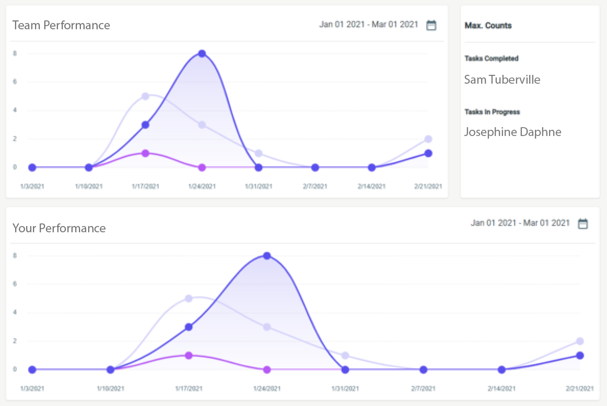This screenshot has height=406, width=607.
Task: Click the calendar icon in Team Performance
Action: [x=431, y=25]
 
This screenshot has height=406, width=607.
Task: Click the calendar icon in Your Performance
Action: [x=582, y=224]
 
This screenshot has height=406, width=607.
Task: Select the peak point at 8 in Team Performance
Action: [x=202, y=53]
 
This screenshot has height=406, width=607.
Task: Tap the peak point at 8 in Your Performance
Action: [x=267, y=256]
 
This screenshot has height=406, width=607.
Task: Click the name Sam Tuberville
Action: [x=502, y=80]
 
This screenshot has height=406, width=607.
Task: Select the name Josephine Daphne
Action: [x=512, y=132]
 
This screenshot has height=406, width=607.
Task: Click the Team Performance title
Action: [x=61, y=25]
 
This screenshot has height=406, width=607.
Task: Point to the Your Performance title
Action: [x=59, y=228]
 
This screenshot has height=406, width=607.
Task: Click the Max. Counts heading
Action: [x=488, y=26]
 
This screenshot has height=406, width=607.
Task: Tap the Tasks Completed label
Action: [x=491, y=59]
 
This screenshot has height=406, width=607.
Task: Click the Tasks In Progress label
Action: [x=492, y=112]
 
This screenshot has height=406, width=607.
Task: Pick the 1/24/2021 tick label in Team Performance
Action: [x=202, y=186]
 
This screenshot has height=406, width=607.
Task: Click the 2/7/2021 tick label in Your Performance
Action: [x=423, y=388]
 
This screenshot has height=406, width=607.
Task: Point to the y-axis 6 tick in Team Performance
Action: [x=15, y=82]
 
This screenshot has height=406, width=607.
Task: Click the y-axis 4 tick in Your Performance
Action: [x=15, y=313]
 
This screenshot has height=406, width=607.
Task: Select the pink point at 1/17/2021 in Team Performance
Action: [x=145, y=153]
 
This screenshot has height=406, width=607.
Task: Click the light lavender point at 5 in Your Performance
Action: [x=189, y=298]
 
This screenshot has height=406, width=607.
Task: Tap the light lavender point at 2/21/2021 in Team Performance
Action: [x=428, y=139]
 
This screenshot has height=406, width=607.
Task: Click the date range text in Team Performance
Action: [x=369, y=25]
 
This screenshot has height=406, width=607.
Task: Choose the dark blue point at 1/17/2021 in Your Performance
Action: [x=189, y=327]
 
